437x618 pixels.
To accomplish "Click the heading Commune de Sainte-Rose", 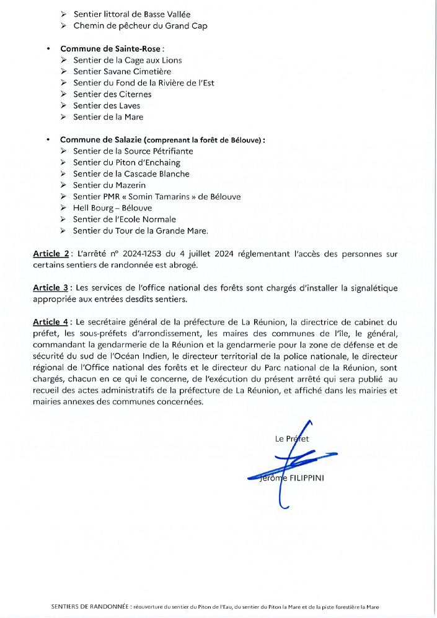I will click(x=103, y=49).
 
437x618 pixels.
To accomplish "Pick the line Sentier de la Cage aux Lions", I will click(x=127, y=61).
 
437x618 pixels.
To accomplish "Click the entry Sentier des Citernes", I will click(x=112, y=94).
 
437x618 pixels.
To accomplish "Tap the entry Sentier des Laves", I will click(x=107, y=105).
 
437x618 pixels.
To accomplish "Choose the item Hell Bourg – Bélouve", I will click(x=113, y=208).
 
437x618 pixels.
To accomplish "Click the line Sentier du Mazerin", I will click(x=109, y=185).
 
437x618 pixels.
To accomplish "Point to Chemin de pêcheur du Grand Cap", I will click(x=140, y=26).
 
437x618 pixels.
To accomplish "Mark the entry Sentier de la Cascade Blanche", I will click(x=131, y=174).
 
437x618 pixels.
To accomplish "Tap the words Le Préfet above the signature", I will click(x=291, y=438).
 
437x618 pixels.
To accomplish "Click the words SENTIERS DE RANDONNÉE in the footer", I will click(x=90, y=607).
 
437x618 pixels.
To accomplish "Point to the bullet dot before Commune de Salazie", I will click(x=48, y=140).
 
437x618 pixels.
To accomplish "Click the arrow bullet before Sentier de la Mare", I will click(x=64, y=117).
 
